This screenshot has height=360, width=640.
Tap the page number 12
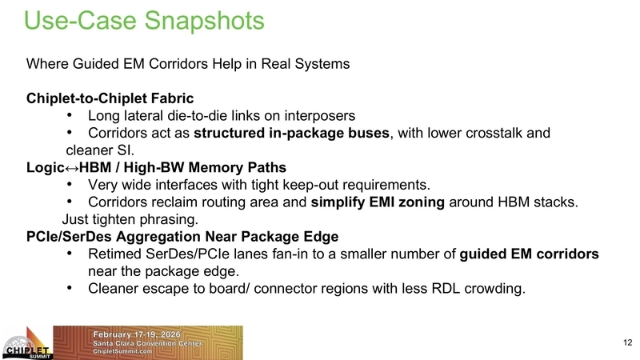626,343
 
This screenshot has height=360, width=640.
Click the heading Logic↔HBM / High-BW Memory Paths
156,167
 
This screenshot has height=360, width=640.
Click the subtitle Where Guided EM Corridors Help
188,64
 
